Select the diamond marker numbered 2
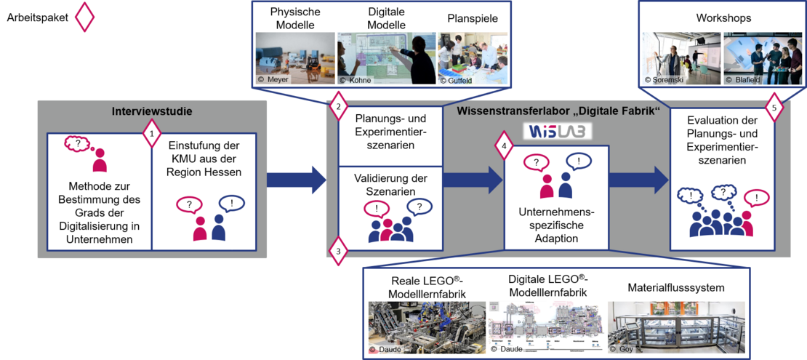[x=337, y=107]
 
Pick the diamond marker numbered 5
[x=774, y=108]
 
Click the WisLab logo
[x=558, y=131]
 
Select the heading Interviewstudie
[x=152, y=111]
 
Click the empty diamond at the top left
[x=85, y=17]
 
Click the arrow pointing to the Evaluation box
[x=638, y=180]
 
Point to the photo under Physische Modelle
[x=295, y=57]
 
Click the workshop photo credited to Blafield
[x=752, y=57]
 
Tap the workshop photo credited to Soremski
[x=679, y=57]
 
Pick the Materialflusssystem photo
[x=676, y=327]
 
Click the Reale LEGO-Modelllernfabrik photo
[x=424, y=327]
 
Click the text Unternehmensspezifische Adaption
[x=556, y=225]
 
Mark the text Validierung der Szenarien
[x=390, y=185]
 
